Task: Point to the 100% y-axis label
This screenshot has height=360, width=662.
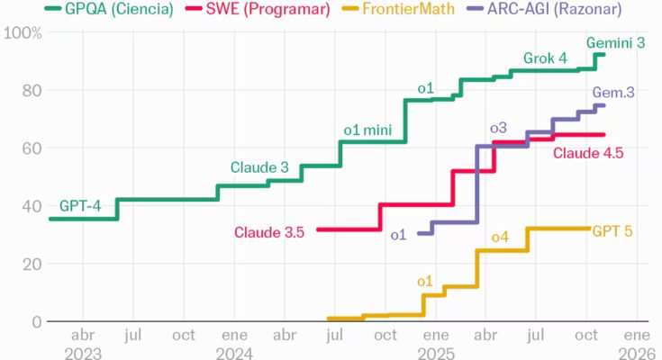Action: click(23, 33)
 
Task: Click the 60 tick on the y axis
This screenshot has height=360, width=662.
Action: click(31, 148)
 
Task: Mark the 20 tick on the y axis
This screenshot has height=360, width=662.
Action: click(31, 264)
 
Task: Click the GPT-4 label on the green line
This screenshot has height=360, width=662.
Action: click(80, 205)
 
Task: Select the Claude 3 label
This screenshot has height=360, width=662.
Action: click(259, 167)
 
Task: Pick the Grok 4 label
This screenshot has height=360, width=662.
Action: click(545, 59)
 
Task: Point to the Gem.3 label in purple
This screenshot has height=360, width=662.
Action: click(612, 93)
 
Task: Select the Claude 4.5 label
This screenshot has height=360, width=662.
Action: click(588, 153)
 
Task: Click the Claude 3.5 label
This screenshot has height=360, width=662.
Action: click(269, 232)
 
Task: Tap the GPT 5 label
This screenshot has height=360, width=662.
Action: click(612, 230)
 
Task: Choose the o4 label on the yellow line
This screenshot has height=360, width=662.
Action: click(500, 237)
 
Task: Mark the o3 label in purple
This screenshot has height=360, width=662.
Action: click(498, 127)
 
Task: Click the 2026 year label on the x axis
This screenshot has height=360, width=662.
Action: click(639, 352)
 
